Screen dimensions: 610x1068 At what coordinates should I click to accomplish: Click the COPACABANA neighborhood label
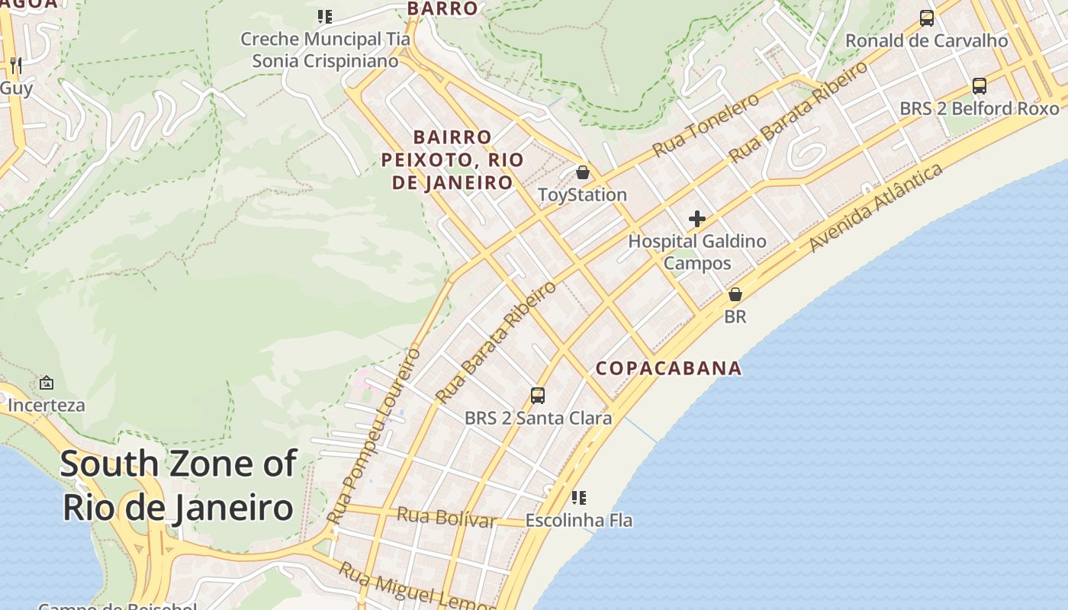point(668,368)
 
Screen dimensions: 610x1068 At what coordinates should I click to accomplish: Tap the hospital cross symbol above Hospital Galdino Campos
point(697,219)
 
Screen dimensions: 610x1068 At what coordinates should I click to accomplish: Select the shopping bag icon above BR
point(735,294)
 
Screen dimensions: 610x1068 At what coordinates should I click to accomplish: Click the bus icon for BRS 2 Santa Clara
point(538,395)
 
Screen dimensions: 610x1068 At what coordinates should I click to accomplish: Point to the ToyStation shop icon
point(583,172)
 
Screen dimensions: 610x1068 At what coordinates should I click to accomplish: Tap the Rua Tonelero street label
point(706,125)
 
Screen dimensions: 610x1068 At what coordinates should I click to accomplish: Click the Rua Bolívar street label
point(446,518)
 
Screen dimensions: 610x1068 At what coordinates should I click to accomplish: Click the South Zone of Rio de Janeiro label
point(178,485)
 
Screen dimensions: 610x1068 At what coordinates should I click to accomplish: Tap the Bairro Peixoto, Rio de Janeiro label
point(453,160)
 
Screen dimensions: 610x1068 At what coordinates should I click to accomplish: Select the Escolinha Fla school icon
point(579,498)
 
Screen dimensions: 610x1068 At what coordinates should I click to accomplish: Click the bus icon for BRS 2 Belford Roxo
point(980,86)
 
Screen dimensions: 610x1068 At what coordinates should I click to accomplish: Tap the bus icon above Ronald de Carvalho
point(927,18)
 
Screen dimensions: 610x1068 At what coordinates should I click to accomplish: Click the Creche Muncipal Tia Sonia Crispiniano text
point(326,50)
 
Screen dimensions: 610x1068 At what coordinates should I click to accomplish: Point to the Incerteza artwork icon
point(47,383)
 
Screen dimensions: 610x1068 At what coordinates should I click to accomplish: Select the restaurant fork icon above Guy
point(16,66)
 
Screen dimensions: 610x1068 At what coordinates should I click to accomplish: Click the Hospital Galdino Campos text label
point(697,252)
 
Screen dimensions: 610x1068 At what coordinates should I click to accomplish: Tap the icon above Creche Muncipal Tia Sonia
point(325,16)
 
